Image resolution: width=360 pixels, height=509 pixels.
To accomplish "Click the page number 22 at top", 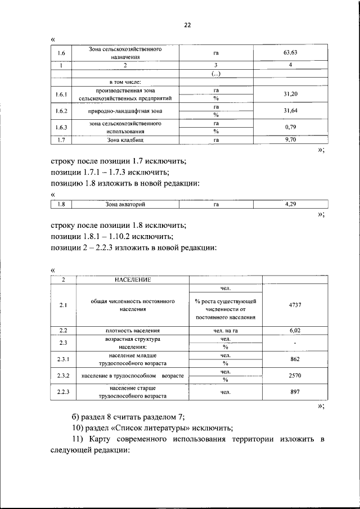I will pos(187,25).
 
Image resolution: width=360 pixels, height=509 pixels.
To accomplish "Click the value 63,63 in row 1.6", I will pos(290,53).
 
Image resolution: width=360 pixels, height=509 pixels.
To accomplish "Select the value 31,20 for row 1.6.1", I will pos(290,94).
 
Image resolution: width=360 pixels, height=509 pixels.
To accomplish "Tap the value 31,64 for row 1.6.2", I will pos(290,110).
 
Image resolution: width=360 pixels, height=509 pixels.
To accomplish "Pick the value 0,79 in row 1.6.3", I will pos(290,127).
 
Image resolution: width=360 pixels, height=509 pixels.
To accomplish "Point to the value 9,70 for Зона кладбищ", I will pos(290,139).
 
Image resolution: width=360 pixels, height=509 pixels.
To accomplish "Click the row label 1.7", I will pos(62,139).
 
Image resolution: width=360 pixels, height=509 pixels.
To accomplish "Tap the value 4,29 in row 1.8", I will pos(290,204).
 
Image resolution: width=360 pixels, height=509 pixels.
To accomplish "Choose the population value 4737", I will pos(295,304).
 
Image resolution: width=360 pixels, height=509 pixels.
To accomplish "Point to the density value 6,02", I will pos(295,331).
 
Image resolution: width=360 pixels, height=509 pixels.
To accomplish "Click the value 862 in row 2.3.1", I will pos(295,359).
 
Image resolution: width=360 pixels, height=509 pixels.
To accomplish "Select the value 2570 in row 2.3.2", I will pos(295,375).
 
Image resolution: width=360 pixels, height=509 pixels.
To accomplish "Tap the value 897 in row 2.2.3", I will pos(295,391).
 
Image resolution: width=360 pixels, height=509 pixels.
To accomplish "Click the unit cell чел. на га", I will pos(226,331).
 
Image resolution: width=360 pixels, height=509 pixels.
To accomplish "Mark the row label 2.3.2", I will pos(62,375).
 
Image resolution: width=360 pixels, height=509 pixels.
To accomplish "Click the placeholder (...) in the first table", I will pos(215,74).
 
